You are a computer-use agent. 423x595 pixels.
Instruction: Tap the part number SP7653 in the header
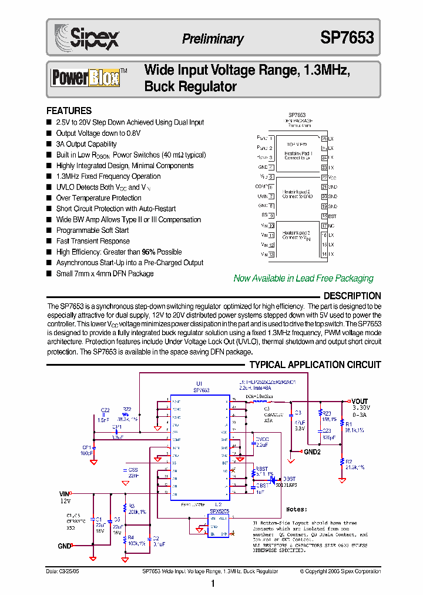(x=347, y=38)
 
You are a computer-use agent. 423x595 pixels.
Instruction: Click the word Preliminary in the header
(x=213, y=39)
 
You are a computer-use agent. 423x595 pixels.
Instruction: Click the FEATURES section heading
(x=69, y=111)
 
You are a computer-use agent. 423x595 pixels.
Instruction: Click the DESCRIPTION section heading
(x=352, y=296)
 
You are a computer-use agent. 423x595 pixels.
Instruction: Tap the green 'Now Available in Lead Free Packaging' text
(x=303, y=278)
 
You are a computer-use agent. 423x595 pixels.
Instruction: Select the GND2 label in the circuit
(x=312, y=452)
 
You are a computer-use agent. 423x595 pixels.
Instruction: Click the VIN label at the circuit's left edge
(x=64, y=494)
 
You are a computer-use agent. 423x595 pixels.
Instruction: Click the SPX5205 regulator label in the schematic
(x=219, y=511)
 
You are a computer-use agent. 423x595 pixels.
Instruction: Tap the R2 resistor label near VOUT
(x=348, y=462)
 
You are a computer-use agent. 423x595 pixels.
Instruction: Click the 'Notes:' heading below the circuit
(x=297, y=509)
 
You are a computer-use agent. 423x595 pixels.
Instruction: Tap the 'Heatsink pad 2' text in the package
(x=296, y=192)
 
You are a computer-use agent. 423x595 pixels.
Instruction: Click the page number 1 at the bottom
(x=212, y=584)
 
